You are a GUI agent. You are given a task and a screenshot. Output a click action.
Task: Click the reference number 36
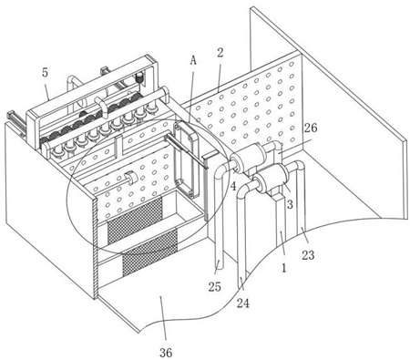click(166, 353)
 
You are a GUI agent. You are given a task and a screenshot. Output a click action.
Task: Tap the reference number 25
click(215, 286)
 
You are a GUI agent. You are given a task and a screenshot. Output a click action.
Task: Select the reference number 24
click(243, 303)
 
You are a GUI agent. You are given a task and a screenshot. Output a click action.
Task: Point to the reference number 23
click(308, 255)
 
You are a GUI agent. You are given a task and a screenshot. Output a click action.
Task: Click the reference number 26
click(311, 128)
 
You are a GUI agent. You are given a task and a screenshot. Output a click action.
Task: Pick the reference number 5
click(45, 72)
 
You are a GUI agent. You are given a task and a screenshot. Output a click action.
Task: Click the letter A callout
click(193, 60)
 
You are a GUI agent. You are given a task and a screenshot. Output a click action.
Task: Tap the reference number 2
click(220, 53)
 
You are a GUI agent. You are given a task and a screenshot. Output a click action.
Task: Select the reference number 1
click(284, 268)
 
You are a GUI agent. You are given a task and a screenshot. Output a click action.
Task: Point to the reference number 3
click(290, 204)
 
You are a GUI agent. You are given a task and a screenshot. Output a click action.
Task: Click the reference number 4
click(233, 186)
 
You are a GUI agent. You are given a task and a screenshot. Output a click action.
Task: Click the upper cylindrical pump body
click(250, 158)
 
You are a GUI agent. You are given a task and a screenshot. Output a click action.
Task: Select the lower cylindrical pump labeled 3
click(271, 179)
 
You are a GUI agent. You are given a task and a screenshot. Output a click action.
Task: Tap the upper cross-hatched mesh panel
click(135, 220)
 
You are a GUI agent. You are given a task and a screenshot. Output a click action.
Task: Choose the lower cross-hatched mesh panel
click(149, 252)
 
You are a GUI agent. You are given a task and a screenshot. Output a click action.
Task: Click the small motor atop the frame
click(139, 77)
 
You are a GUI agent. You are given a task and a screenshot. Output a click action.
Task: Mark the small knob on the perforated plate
click(131, 178)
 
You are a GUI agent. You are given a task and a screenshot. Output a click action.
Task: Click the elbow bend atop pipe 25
click(220, 171)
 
